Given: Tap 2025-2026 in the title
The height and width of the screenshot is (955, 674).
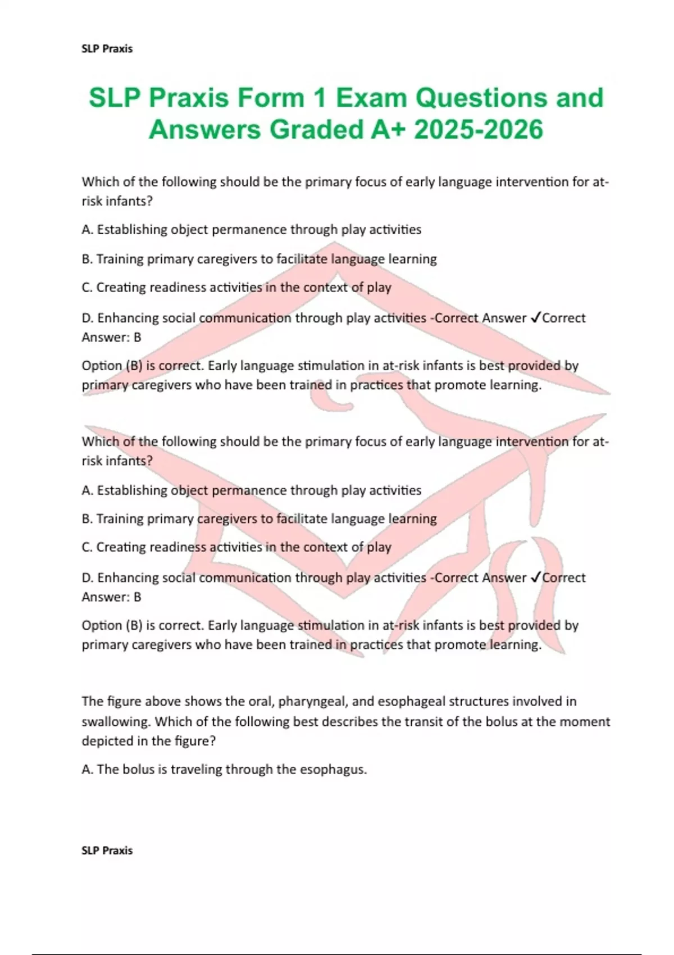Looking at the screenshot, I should tap(479, 130).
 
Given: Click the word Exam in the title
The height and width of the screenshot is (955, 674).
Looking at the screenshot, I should tap(371, 98).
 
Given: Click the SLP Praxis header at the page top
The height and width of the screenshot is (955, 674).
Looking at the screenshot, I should tap(107, 49).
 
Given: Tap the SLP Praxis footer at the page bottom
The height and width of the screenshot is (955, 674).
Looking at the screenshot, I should tap(107, 851).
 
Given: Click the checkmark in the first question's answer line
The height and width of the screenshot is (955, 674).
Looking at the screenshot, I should tap(535, 318).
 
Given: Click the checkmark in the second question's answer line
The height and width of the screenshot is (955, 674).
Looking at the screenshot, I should tap(535, 577).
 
